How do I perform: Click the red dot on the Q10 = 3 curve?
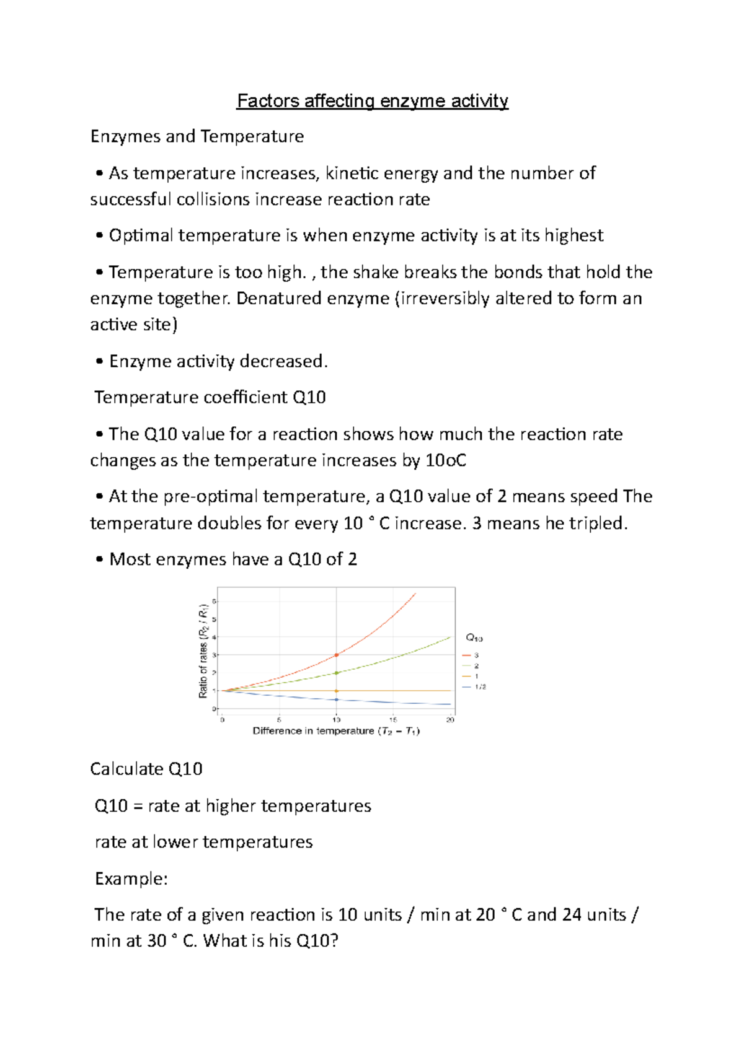tap(337, 655)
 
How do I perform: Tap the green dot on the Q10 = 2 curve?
tap(337, 673)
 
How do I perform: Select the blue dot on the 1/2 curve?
tap(337, 699)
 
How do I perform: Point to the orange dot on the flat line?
tap(337, 691)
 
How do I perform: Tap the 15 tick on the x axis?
tap(393, 720)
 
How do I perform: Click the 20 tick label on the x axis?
tap(451, 720)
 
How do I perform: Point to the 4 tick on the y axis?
tap(215, 637)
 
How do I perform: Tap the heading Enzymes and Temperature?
tap(197, 136)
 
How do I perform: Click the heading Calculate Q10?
tap(146, 769)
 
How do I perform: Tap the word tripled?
tap(599, 524)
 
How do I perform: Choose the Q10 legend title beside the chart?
tap(474, 638)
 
